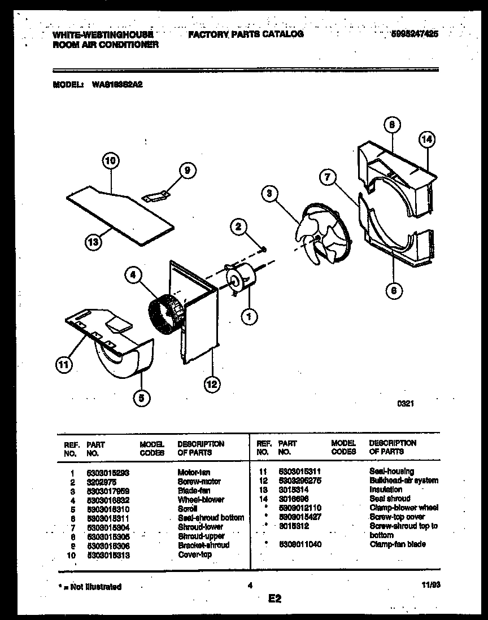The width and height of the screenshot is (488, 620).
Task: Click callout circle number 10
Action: (111, 161)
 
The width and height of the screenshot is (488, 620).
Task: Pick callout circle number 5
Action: (142, 399)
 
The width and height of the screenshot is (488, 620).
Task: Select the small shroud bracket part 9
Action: (157, 195)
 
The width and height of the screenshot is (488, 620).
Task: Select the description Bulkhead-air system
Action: (403, 481)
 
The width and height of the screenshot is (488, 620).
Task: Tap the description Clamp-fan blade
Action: (397, 544)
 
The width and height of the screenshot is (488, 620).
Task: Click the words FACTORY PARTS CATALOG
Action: (246, 34)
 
